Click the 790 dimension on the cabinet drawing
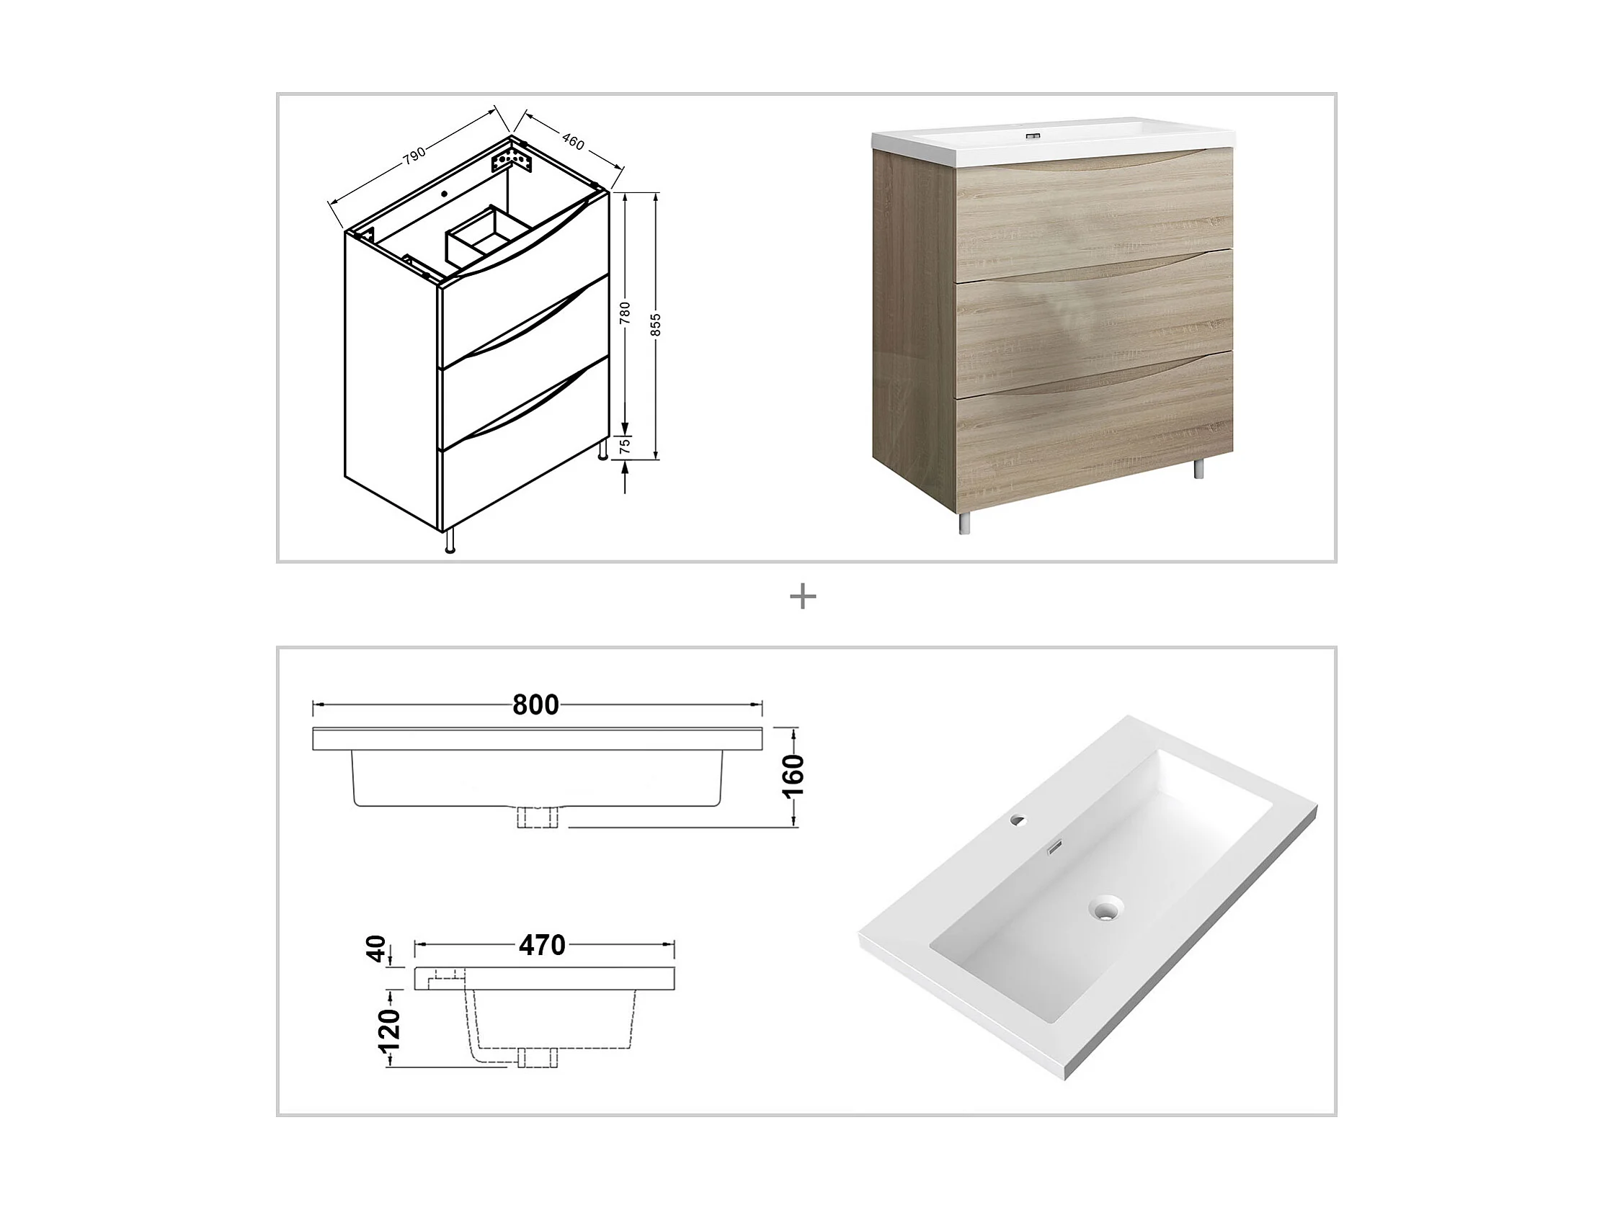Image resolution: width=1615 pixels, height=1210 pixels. click(414, 157)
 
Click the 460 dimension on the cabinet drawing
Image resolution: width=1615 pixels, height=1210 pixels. click(573, 142)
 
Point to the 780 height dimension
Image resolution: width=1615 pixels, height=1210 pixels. click(625, 313)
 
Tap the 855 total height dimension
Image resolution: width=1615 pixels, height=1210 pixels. click(656, 326)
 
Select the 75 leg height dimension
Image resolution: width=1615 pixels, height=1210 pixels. click(625, 447)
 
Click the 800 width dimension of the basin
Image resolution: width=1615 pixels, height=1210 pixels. click(536, 705)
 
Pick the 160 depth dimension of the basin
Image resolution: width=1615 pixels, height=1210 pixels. click(793, 776)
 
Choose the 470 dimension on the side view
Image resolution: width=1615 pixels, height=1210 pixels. click(543, 946)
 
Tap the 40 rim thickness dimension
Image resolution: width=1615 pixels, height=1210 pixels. click(376, 949)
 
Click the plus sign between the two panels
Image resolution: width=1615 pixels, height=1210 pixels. click(803, 598)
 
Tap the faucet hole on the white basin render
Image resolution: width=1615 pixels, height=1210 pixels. click(1017, 820)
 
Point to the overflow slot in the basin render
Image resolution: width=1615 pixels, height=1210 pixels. click(1054, 848)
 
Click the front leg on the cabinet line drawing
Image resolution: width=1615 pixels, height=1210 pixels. click(450, 540)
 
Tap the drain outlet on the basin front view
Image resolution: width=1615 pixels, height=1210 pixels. click(538, 817)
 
